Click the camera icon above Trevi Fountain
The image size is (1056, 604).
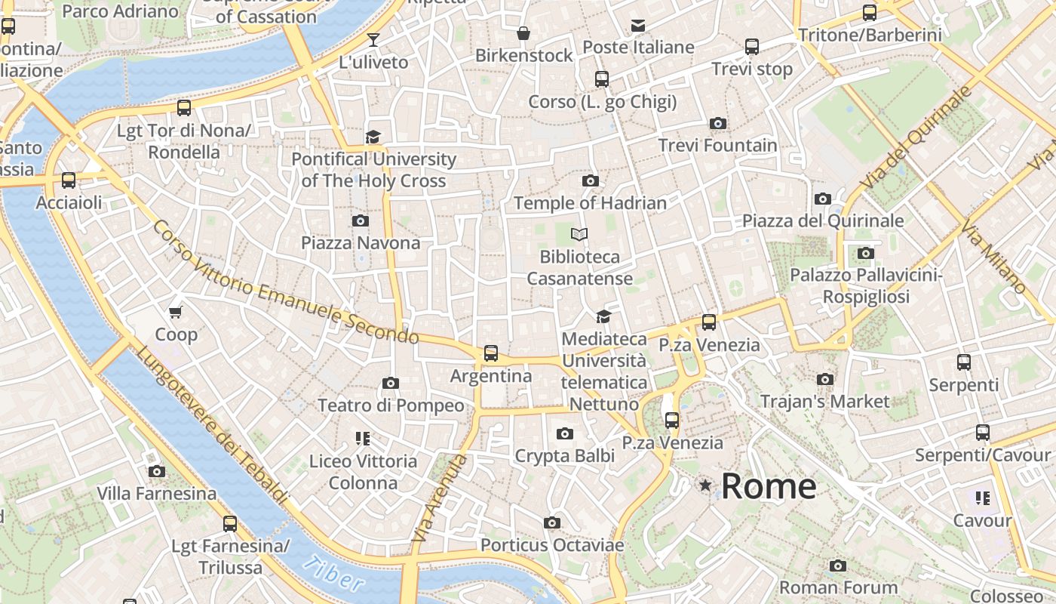click(x=718, y=123)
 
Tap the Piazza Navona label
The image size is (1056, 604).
click(x=361, y=243)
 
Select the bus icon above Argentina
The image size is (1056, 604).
click(x=491, y=353)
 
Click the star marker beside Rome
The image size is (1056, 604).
click(x=705, y=485)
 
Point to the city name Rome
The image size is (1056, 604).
click(x=768, y=486)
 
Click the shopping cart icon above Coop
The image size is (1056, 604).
click(x=176, y=312)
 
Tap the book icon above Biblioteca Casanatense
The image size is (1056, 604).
click(x=579, y=234)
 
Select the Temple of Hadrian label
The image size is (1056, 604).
click(x=590, y=203)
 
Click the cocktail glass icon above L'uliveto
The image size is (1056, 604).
click(x=373, y=39)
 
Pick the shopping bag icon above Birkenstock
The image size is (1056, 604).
click(x=523, y=33)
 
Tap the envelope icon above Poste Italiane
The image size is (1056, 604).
click(x=638, y=25)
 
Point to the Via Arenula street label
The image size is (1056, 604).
click(x=440, y=498)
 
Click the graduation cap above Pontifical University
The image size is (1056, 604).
click(x=373, y=137)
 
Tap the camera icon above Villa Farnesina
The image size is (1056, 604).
click(x=156, y=471)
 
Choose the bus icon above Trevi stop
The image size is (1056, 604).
click(x=752, y=46)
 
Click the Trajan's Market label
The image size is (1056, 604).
click(x=824, y=402)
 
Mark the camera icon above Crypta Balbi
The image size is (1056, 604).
click(x=564, y=433)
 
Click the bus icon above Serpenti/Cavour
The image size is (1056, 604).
click(x=982, y=433)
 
